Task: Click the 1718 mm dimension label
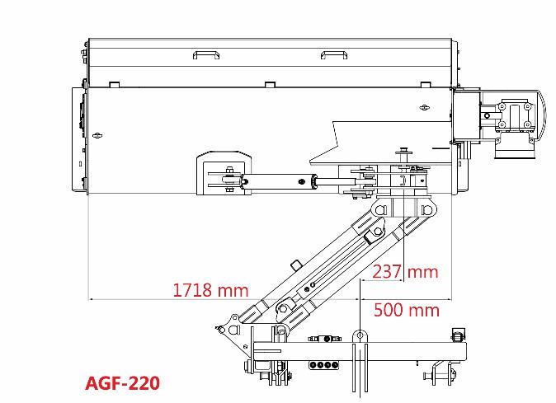click(210, 290)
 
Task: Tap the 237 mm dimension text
click(405, 272)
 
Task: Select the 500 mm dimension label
click(407, 310)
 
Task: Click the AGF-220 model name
click(123, 383)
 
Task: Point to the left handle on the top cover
click(206, 54)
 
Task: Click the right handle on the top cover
click(333, 54)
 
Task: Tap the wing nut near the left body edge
click(97, 135)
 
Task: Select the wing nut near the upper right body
click(424, 107)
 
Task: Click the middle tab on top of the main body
click(270, 85)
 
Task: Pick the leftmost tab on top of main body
click(114, 85)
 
